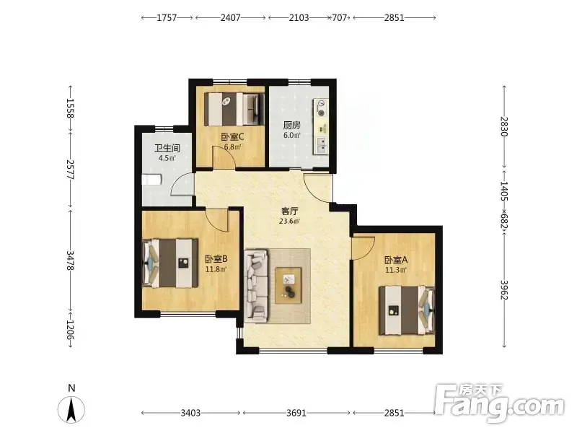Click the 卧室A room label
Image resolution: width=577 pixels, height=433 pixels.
point(395,260)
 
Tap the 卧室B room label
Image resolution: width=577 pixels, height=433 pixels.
point(216,259)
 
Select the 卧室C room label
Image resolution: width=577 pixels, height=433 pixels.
point(232,137)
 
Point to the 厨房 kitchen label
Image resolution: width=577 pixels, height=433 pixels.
point(291,125)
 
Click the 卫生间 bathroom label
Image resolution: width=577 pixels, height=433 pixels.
point(167,149)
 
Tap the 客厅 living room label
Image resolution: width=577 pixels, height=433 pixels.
point(289,211)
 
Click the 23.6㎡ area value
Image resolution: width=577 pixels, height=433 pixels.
point(289,222)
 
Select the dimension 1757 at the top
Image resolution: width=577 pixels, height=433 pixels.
point(167,17)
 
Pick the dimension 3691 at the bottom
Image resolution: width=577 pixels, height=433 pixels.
point(296,413)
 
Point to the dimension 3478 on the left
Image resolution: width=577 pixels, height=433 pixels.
point(70,261)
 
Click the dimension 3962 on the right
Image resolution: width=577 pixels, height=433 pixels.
point(504,290)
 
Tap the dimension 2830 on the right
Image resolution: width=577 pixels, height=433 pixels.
point(504,126)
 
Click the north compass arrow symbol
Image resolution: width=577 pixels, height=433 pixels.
point(71,409)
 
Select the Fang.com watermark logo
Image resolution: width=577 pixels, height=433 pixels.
point(500,403)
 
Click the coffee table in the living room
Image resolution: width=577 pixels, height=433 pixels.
point(288,286)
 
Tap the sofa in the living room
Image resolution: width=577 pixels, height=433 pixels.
point(256,284)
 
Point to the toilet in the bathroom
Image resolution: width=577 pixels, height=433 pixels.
point(151,180)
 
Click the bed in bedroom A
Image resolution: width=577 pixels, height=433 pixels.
point(407,310)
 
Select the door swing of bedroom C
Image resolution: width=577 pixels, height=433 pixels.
point(224,157)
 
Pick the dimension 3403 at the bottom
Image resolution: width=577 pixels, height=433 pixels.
point(190,413)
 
